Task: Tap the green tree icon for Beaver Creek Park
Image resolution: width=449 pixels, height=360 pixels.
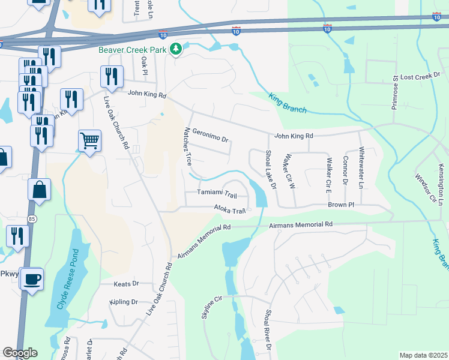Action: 176,48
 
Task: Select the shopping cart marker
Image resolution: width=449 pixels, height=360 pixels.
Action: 89,142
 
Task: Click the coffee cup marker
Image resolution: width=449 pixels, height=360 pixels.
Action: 31,278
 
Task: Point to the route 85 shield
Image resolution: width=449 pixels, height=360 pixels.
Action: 31,220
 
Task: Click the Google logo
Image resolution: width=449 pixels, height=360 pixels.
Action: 19,353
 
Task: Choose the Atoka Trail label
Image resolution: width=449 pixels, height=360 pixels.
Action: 231,210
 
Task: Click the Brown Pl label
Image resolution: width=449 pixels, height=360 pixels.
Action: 342,205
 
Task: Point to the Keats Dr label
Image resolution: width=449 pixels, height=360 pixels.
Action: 127,283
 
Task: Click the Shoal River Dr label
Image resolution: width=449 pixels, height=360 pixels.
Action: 268,329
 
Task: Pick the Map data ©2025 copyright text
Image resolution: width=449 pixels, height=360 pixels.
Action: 423,355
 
